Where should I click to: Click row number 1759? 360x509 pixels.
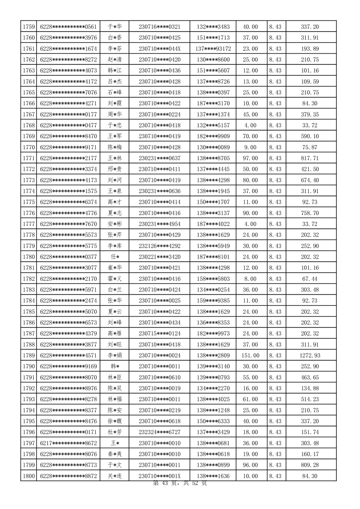click(29, 27)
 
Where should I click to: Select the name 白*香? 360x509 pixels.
click(114, 38)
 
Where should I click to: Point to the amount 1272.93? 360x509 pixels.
click(310, 355)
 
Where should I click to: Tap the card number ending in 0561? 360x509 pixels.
click(68, 27)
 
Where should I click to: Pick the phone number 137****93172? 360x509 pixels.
click(213, 49)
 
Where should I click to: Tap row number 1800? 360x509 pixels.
click(29, 476)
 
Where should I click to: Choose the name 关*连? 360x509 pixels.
click(114, 476)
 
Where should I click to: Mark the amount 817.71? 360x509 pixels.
click(310, 158)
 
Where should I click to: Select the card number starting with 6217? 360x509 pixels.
click(68, 443)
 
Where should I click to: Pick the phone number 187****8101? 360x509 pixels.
click(213, 256)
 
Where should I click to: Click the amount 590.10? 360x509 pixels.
click(310, 136)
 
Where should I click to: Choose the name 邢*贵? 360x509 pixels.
click(114, 169)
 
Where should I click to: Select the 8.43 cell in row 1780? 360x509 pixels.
click(275, 256)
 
